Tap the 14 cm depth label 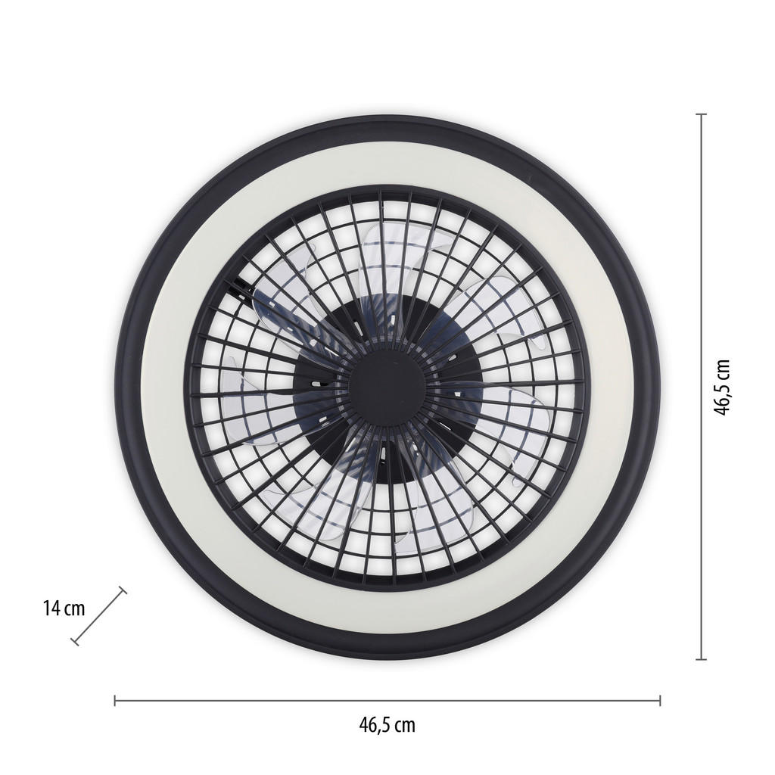[x=64, y=608]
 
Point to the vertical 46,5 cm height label [x=723, y=387]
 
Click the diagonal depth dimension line [x=99, y=617]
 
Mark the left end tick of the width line [x=115, y=700]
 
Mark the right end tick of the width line [x=660, y=700]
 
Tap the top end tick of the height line [x=702, y=114]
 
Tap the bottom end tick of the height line [x=702, y=659]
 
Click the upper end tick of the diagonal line [x=123, y=590]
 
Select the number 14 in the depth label [x=51, y=608]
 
